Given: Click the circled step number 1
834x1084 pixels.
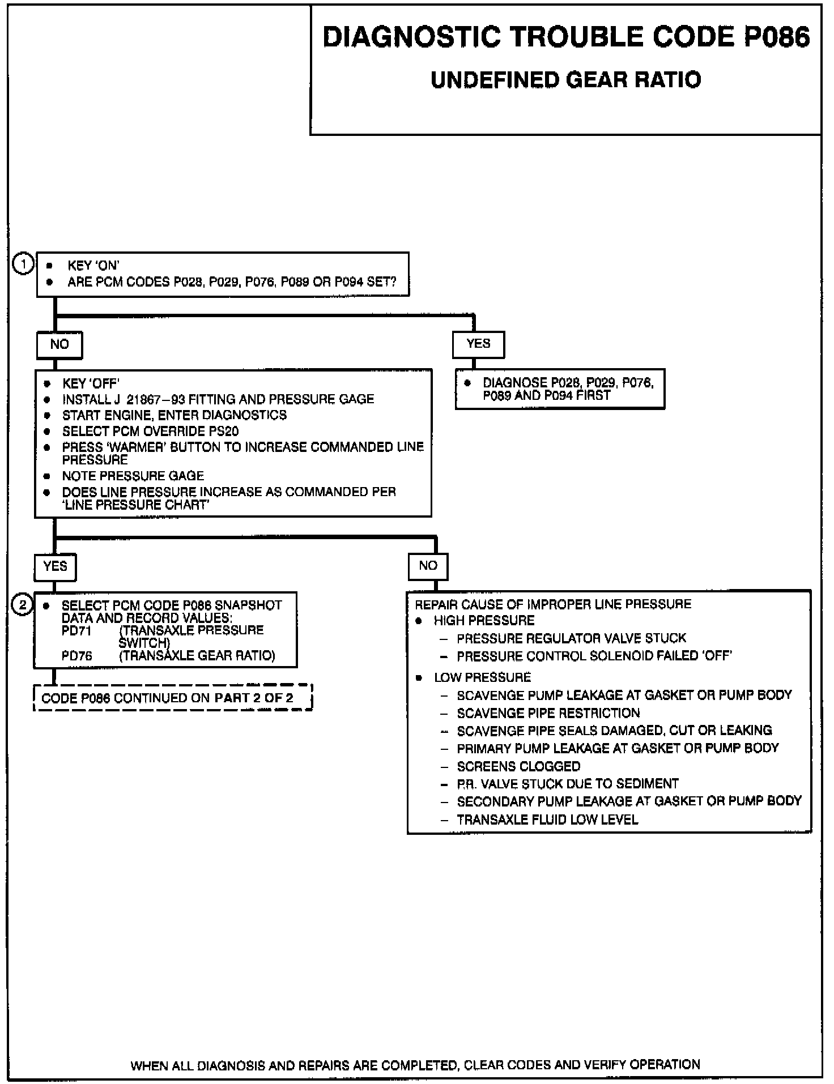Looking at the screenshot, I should coord(23,264).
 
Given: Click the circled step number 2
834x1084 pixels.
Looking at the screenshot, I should coord(23,605).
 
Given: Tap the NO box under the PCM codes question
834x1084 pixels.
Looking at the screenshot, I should coord(59,345).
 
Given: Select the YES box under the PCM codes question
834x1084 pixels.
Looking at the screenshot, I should coord(478,344).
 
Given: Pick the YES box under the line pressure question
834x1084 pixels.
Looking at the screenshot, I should coord(55,566).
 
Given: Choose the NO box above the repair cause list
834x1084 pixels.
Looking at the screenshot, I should coord(428,566).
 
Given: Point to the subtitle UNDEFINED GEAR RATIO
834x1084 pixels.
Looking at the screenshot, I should coord(565,80).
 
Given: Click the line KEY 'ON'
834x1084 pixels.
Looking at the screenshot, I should coord(93,265).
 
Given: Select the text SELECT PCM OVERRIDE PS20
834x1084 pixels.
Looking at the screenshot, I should coord(150,432).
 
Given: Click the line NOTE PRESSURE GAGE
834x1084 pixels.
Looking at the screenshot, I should coord(133,476).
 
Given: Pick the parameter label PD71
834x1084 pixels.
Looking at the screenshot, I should coord(76,630).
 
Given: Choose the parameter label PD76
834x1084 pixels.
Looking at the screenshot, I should coord(76,656).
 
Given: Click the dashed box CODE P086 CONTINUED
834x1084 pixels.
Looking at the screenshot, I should coord(173,698).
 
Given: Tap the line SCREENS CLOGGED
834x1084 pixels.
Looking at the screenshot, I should coord(518,767).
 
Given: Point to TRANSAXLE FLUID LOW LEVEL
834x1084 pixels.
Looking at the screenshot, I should coord(547,820).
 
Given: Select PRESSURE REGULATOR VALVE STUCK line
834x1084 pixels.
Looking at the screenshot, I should coord(571,639).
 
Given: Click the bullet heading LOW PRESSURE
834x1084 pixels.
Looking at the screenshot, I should coord(482,677).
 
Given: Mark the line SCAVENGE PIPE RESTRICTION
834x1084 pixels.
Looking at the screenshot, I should coord(548,713).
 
